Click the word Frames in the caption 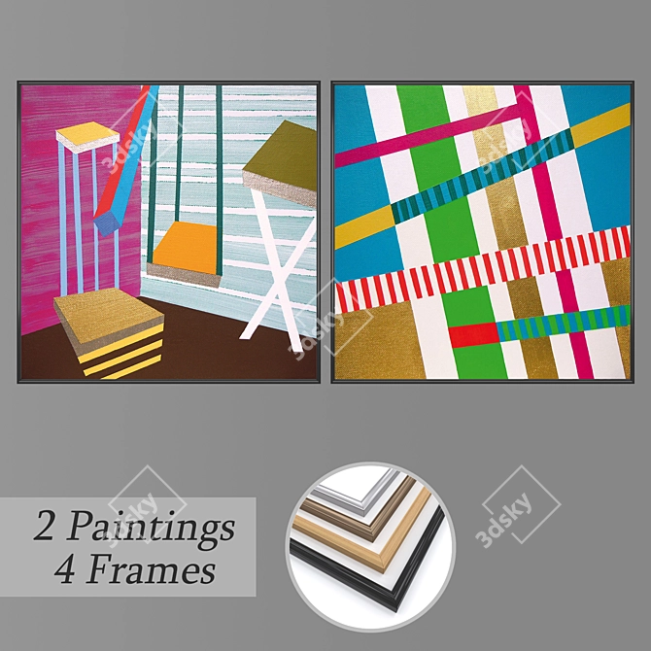tap(151, 569)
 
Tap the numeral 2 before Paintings tap(44, 526)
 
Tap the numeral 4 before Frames tap(66, 569)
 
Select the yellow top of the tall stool tap(87, 133)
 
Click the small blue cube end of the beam tap(107, 223)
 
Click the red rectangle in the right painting tap(473, 334)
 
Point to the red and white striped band tap(483, 269)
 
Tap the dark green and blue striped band tap(483, 177)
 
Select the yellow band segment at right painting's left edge tap(364, 227)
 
